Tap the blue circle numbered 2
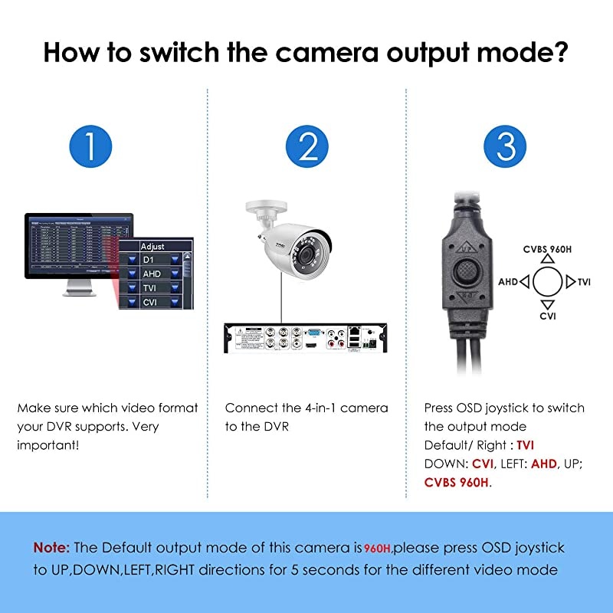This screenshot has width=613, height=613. pos(307,146)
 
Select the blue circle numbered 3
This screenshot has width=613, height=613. pos(506,146)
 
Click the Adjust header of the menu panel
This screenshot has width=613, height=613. pos(153,246)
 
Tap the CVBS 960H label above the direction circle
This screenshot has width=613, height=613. pos(547,248)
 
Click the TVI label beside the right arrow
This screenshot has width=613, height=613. pos(584,282)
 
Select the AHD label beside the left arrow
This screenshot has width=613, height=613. pos(508,282)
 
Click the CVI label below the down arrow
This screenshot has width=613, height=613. pos(547,316)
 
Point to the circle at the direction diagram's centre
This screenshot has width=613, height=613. pos(547,282)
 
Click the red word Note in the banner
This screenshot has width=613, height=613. pos(51,547)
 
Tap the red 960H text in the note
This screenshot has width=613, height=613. pos(378,548)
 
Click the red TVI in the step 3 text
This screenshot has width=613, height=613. pos(525,445)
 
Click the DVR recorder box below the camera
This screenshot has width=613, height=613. pos(305,340)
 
